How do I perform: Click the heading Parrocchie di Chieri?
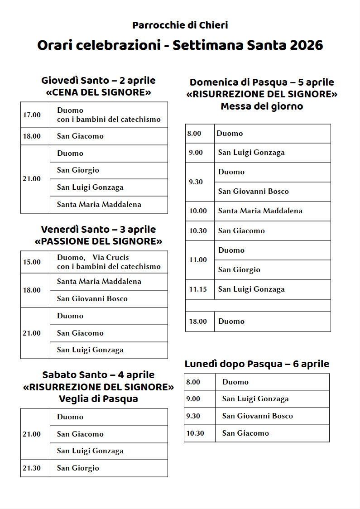(x=180, y=25)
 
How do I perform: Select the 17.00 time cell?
(x=32, y=115)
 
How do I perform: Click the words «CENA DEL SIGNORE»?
(x=98, y=93)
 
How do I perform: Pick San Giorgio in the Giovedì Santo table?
(x=78, y=170)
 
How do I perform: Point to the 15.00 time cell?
(x=32, y=262)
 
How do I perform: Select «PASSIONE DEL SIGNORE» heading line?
(x=98, y=241)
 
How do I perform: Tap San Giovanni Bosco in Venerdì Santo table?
(x=92, y=299)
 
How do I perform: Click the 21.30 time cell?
(x=32, y=468)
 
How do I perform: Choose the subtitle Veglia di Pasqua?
(x=98, y=399)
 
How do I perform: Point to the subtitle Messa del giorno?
(x=262, y=106)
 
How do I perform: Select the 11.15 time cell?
(x=198, y=289)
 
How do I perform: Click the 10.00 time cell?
(x=198, y=211)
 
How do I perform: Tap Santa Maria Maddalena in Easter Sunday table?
(x=260, y=211)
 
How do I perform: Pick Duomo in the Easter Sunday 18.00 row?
(x=231, y=322)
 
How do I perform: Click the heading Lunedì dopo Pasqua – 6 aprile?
(x=257, y=364)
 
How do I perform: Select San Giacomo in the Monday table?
(x=245, y=433)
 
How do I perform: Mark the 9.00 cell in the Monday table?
(x=193, y=399)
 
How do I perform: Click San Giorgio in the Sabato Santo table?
(x=78, y=468)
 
